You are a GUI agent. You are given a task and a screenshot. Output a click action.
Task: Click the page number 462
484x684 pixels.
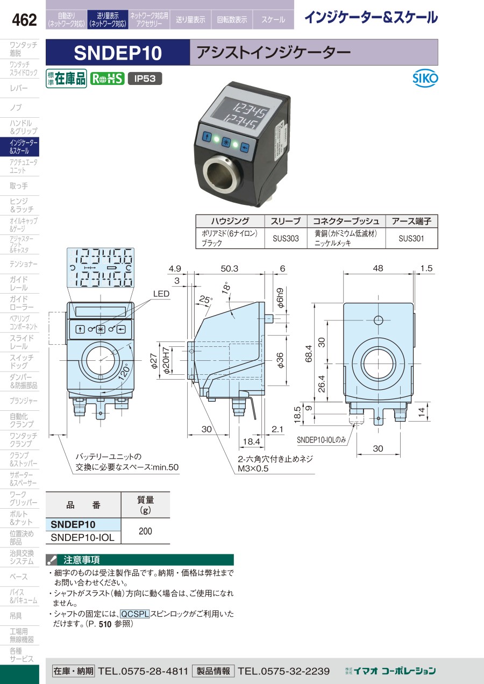pyautogui.click(x=24, y=20)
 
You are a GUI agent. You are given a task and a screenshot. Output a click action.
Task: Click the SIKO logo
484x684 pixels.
pyautogui.click(x=425, y=79)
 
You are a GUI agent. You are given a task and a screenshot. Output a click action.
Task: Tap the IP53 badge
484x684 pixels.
pyautogui.click(x=145, y=79)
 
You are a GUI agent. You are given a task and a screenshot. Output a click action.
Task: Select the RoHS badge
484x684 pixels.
pyautogui.click(x=107, y=79)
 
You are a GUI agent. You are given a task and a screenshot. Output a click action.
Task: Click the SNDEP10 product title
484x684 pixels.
pyautogui.click(x=118, y=53)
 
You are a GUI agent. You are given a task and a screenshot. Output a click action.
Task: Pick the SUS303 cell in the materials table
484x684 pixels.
pyautogui.click(x=285, y=238)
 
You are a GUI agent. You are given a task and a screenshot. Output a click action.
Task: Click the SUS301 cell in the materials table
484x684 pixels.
pyautogui.click(x=411, y=238)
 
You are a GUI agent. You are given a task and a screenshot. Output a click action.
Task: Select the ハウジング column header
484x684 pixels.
pyautogui.click(x=230, y=221)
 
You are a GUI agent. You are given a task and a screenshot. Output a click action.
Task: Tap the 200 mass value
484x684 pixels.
pyautogui.click(x=145, y=531)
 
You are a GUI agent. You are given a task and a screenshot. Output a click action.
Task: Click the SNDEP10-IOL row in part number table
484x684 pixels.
pyautogui.click(x=83, y=538)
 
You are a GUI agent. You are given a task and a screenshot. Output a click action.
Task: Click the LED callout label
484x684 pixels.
pyautogui.click(x=161, y=294)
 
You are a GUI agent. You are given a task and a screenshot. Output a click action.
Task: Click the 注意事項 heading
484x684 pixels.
pyautogui.click(x=81, y=560)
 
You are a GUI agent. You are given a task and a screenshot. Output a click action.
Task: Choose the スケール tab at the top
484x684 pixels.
pyautogui.click(x=273, y=20)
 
